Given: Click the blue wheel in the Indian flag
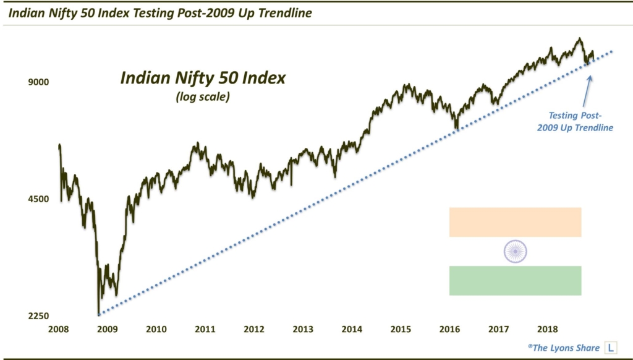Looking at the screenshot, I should tap(515, 251).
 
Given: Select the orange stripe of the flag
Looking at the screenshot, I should tap(515, 222).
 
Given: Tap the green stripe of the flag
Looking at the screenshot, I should tap(515, 280).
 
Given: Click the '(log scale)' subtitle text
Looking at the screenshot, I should tap(203, 96).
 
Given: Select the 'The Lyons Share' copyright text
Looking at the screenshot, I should tap(560, 348).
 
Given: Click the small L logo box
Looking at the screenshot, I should tap(611, 348).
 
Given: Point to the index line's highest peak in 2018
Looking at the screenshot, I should tap(579, 38).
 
